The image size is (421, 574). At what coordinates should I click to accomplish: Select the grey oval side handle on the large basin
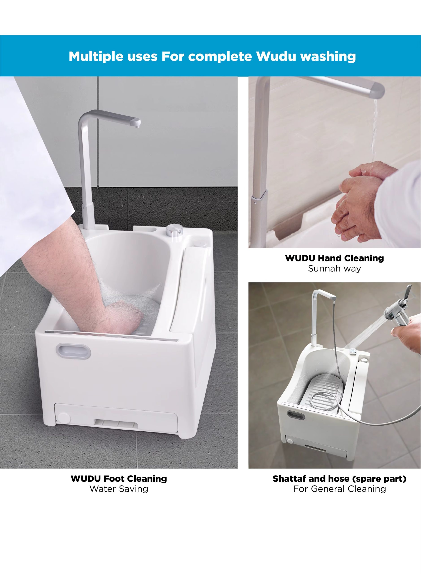coord(73,351)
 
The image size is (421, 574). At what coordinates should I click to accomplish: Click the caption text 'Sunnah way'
coord(334,269)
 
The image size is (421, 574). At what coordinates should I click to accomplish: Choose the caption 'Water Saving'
coord(119,489)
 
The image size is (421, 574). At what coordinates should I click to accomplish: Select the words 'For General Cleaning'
coord(339,489)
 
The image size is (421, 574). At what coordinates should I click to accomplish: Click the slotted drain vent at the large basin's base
coord(116,424)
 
